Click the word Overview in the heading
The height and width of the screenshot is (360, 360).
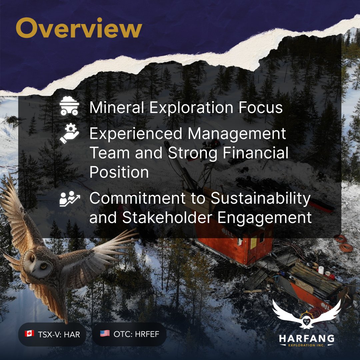tap(79, 29)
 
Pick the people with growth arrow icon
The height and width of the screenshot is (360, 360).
tap(69, 199)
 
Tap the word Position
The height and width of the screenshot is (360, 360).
tap(119, 172)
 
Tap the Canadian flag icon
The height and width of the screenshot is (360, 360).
tap(29, 334)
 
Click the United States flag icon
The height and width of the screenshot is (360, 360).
tap(105, 334)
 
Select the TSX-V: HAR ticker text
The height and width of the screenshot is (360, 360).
tap(59, 334)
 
